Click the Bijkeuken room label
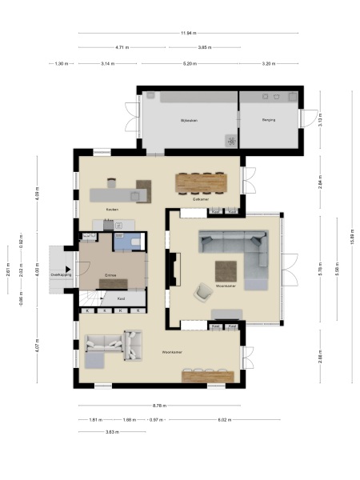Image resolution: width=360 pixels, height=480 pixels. click(189, 120)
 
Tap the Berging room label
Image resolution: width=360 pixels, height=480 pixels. click(269, 120)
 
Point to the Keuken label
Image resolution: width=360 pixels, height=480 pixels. click(101, 210)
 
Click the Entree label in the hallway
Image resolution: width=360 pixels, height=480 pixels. click(111, 274)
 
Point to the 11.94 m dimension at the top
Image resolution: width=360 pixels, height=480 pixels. click(189, 33)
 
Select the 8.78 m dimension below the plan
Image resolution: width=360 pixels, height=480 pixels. click(159, 406)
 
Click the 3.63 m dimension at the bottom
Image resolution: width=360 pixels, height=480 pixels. click(112, 432)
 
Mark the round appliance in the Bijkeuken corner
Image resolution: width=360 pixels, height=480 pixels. click(232, 142)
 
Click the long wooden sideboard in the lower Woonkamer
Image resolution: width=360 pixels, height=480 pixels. click(208, 374)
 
